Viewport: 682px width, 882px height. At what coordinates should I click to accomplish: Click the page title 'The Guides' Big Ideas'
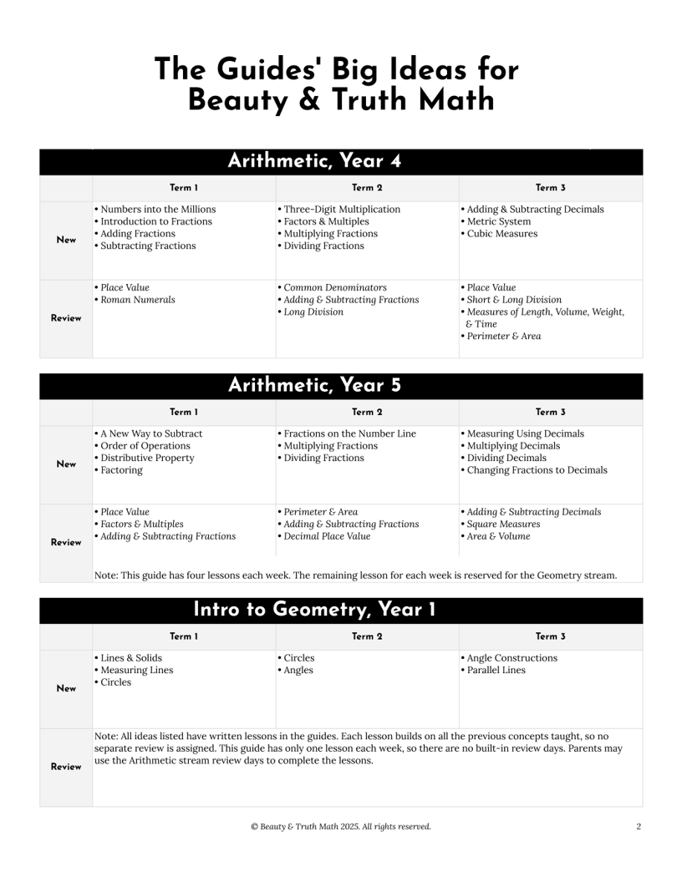(337, 69)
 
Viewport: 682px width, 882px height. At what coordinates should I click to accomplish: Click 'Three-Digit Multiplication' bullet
(340, 209)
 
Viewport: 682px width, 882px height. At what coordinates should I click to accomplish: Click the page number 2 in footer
(639, 827)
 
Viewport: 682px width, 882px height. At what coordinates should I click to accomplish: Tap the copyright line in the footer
(341, 827)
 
